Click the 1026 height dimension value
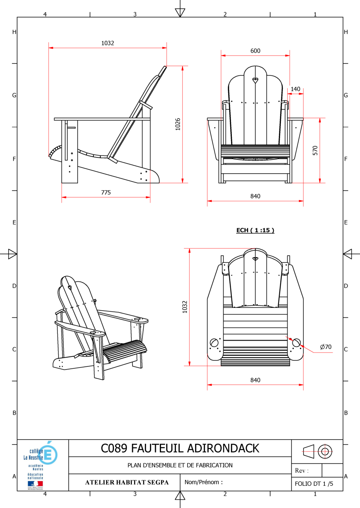pos(178,124)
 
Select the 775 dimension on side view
pos(106,193)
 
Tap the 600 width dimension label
pos(255,51)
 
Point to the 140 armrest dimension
pos(296,89)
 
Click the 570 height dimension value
pos(315,150)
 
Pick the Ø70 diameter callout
pos(326,347)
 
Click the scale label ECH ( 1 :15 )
pos(255,230)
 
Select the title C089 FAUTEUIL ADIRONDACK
pos(180,448)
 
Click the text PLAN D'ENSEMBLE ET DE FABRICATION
pos(180,465)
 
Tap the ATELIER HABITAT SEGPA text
pos(127,482)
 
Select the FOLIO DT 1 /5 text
pos(314,483)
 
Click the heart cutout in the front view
pos(256,81)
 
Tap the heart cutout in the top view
pos(255,259)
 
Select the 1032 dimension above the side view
pos(108,43)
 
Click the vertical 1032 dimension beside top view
pos(185,307)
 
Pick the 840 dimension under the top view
pos(255,380)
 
